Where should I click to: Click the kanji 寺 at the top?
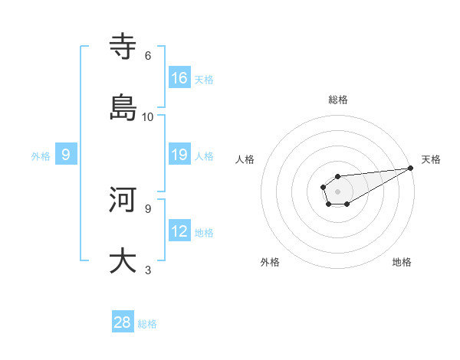coord(123,47)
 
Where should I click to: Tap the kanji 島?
coord(123,109)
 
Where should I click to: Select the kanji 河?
coord(123,200)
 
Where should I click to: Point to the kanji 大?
coord(123,261)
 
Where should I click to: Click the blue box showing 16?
coord(179,77)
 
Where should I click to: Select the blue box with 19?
coord(179,155)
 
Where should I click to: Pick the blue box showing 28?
coord(123,322)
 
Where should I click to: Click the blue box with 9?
coord(66,155)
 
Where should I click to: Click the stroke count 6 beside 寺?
coord(148,55)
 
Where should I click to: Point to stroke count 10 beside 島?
coord(148,116)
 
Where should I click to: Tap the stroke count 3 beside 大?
coord(148,270)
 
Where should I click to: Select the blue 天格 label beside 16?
coord(204,80)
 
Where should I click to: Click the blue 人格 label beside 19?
coord(204,156)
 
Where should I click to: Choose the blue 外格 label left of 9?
coord(41,156)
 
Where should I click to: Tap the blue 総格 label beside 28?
coord(147,324)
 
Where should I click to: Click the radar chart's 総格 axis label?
coord(338,100)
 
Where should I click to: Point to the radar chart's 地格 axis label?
coord(402,262)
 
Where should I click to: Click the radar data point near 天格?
coord(409,168)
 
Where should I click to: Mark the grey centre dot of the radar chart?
coord(337,191)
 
